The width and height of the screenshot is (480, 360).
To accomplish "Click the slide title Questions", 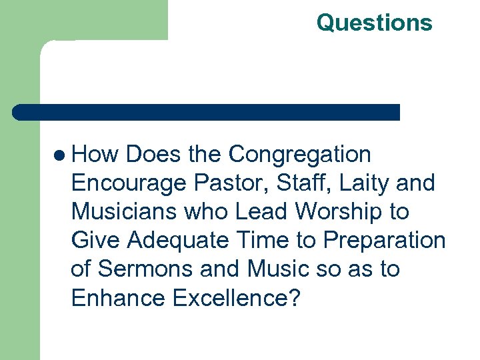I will coord(374,23).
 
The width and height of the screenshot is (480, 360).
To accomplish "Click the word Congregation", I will coord(299,155).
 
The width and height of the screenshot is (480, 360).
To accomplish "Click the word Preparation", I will coord(377,241).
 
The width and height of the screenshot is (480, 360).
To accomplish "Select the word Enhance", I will coord(118,298).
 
